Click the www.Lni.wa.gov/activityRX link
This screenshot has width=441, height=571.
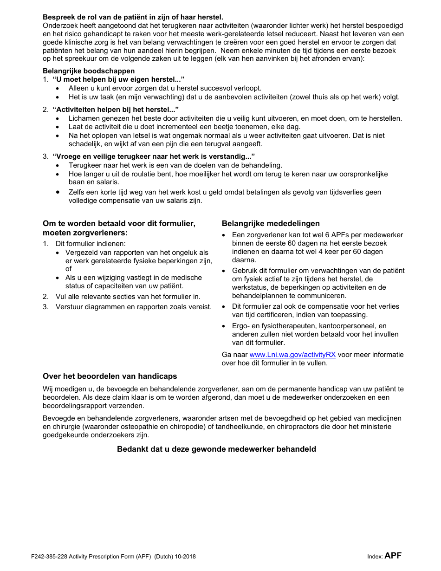click(x=292, y=355)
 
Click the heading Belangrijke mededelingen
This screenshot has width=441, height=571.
click(x=271, y=224)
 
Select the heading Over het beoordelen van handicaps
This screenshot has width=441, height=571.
click(x=110, y=376)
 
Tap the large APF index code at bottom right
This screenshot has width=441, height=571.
click(x=393, y=555)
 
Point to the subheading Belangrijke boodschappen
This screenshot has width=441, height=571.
click(x=89, y=71)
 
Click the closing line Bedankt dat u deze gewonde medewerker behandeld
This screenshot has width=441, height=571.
click(x=216, y=449)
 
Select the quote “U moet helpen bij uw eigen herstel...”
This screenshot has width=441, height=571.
click(x=118, y=79)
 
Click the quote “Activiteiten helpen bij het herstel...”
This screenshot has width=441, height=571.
click(x=116, y=110)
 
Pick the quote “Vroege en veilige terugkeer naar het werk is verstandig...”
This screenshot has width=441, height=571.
click(x=154, y=156)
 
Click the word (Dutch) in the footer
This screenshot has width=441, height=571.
click(x=164, y=557)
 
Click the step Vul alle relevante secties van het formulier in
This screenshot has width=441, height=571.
click(x=128, y=296)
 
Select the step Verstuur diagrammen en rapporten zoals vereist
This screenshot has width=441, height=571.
click(x=133, y=306)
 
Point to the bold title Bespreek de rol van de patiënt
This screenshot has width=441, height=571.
click(x=133, y=17)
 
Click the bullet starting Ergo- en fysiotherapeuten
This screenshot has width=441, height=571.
click(x=315, y=334)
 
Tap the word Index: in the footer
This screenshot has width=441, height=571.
click(x=375, y=557)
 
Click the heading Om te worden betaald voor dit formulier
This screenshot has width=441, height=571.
click(x=119, y=228)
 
